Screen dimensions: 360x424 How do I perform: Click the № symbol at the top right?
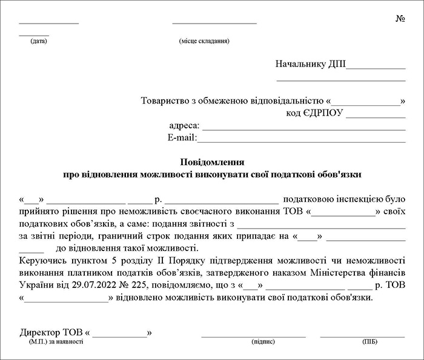coord(400,19)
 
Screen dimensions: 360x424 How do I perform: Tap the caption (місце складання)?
coord(204,41)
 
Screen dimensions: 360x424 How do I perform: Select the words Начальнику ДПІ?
coord(310,64)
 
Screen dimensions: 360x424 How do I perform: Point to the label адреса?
coord(184,126)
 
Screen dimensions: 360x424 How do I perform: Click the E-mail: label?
coord(182,139)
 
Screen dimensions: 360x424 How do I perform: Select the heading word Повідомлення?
coord(212,162)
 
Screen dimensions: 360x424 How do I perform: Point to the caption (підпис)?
coord(260,342)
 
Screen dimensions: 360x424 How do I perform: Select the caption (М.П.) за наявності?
coord(56,342)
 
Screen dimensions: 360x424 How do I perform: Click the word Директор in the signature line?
coord(39,332)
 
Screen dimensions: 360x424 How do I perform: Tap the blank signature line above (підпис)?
coord(253,334)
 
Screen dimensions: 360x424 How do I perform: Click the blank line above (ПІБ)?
coord(362,334)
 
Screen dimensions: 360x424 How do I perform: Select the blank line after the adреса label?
coord(303,128)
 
